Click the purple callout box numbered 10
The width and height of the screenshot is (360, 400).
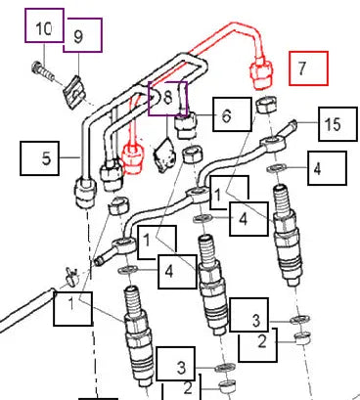44,25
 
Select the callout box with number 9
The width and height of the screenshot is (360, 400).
83,35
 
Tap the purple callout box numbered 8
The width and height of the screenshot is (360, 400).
168,99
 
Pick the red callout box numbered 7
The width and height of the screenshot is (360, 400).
308,68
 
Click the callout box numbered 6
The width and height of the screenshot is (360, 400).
232,114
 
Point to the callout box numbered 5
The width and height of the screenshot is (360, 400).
40,158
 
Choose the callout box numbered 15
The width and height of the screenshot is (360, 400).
337,124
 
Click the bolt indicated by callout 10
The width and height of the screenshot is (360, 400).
43,72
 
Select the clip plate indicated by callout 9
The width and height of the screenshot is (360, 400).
74,92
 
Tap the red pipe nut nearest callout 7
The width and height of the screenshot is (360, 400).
261,74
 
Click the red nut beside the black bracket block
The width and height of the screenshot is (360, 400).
132,158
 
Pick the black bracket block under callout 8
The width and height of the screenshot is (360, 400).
164,155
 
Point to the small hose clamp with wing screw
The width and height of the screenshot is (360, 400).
72,276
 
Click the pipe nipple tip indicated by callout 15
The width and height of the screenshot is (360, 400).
292,124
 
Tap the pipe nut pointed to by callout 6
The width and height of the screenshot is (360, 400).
186,124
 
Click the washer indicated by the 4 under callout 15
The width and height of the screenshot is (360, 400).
277,168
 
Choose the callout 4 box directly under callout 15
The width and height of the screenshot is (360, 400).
327,168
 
